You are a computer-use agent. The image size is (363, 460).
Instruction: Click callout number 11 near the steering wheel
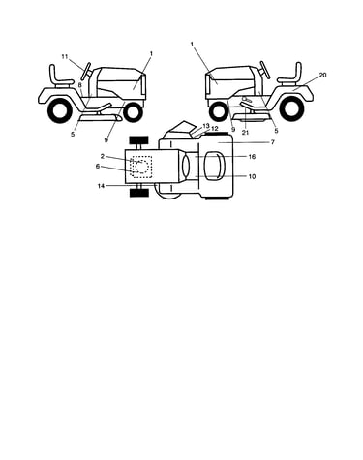coord(65,57)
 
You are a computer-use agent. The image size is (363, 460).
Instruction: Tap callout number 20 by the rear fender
coord(322,75)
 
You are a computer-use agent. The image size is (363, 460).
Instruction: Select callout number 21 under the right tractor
coord(245,132)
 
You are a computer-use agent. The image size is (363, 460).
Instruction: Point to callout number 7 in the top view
coord(273,142)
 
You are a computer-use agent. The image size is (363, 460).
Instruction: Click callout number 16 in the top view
coord(252,157)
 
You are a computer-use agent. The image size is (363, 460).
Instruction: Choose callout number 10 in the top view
coord(252,176)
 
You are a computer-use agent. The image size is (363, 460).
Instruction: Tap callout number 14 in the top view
coord(101,186)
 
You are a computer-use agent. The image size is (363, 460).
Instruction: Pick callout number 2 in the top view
coord(103,156)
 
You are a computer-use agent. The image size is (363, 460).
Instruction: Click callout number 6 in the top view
coord(98,167)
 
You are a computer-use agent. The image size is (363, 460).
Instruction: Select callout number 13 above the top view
coord(206,125)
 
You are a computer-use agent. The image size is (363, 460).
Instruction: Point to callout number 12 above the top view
coord(214,129)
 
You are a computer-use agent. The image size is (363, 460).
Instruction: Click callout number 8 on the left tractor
coord(80,85)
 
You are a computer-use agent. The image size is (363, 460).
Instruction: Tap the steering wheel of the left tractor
coord(86,71)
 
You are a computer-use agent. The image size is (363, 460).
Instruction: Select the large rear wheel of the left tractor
coord(60,111)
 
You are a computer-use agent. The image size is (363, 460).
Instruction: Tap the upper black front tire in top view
coord(139,139)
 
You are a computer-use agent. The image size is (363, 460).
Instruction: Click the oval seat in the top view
coord(214,166)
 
